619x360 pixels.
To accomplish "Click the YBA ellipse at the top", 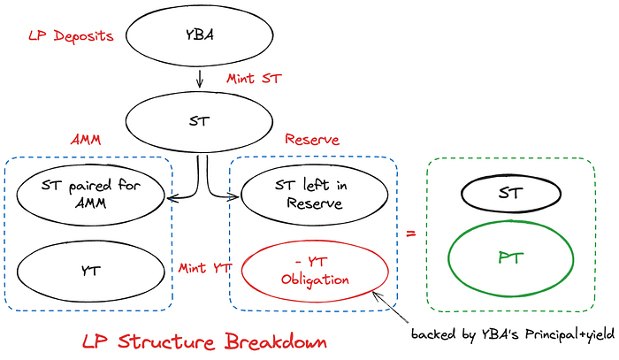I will point(199,38).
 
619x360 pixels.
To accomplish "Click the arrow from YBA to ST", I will point(200,79).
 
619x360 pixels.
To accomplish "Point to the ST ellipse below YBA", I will point(200,121).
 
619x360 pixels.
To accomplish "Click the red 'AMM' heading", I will point(86,140).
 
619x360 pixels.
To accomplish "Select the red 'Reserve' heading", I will point(311,140).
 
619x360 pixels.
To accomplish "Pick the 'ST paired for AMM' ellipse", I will point(91,194).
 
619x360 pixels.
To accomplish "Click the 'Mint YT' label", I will point(204,267).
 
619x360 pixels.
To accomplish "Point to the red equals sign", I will point(411,234).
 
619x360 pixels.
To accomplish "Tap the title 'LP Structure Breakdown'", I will point(203,341).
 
